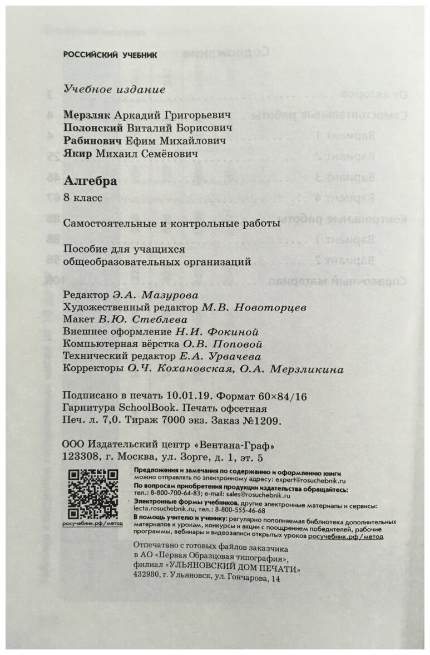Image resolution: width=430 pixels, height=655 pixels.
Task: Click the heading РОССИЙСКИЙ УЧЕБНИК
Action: (x=110, y=55)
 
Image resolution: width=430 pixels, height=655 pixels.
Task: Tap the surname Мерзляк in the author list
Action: (x=88, y=114)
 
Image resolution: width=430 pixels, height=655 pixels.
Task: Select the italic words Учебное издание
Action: (x=115, y=90)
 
